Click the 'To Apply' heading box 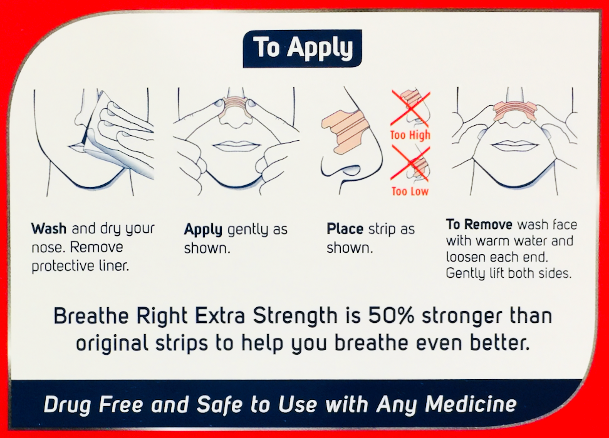click(302, 49)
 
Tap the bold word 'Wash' click(49, 228)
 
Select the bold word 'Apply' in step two click(203, 230)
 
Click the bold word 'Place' click(345, 229)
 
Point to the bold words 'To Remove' click(479, 224)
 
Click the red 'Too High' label click(410, 135)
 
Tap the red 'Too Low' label click(410, 191)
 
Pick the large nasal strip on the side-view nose click(345, 131)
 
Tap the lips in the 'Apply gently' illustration click(237, 146)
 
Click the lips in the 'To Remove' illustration click(514, 146)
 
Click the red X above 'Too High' click(410, 109)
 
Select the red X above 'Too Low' click(410, 165)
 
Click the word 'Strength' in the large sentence click(295, 316)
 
